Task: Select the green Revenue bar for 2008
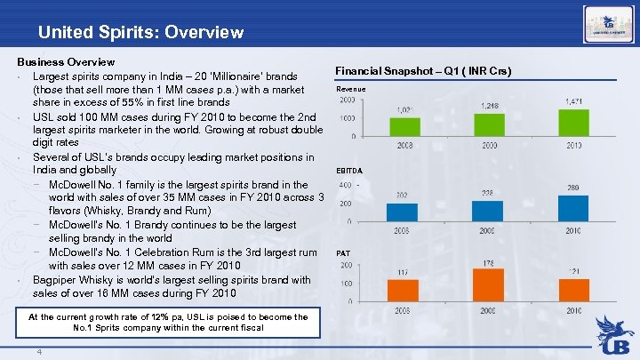click(404, 125)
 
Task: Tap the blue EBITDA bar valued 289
click(573, 207)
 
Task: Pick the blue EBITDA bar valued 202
click(404, 211)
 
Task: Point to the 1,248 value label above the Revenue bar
click(490, 106)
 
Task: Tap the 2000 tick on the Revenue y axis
click(348, 100)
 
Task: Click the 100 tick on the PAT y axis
click(347, 284)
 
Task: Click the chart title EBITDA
click(348, 170)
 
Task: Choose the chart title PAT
click(343, 253)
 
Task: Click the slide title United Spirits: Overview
click(140, 33)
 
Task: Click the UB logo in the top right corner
click(608, 23)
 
